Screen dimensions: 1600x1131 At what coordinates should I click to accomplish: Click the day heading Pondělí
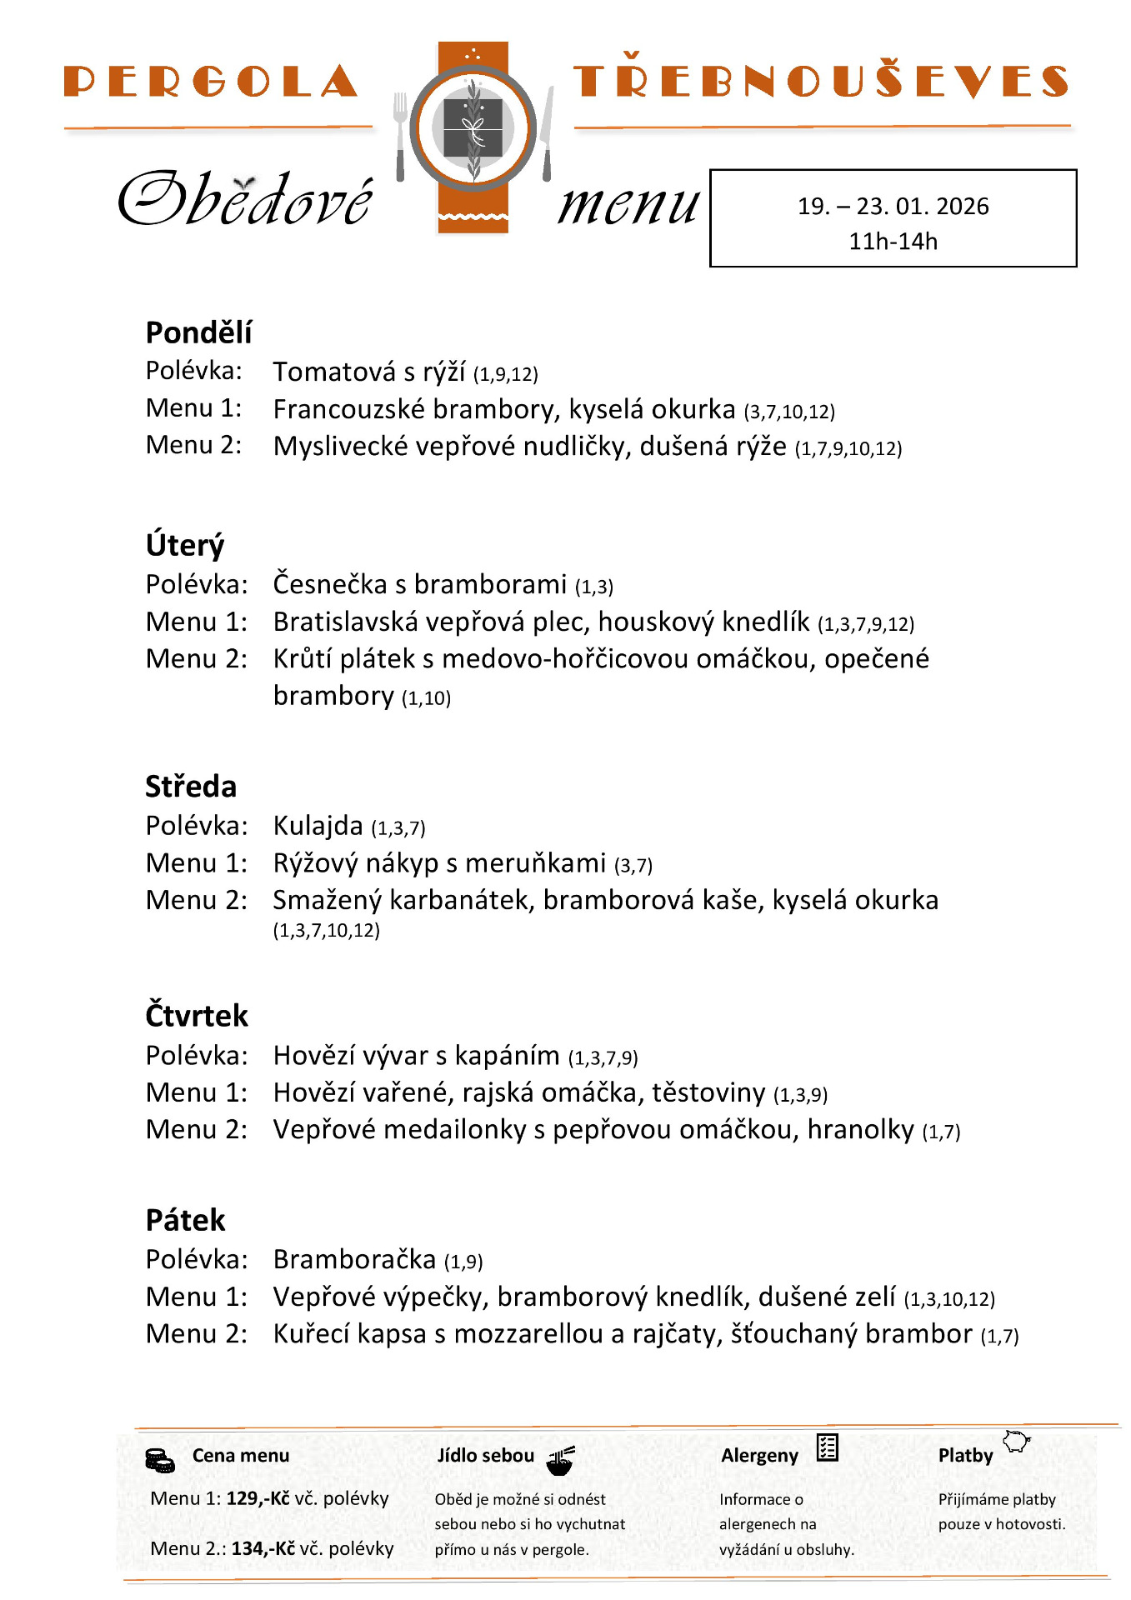(198, 332)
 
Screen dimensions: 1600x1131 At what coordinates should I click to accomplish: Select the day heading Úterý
(185, 545)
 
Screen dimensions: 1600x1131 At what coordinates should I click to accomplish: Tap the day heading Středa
(191, 786)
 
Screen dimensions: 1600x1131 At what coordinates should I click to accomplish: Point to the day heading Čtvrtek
(197, 1016)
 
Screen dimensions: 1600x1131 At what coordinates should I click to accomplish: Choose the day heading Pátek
(185, 1220)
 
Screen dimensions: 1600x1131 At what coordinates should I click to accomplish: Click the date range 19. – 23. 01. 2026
(893, 206)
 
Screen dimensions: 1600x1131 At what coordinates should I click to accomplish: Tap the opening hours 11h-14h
(893, 241)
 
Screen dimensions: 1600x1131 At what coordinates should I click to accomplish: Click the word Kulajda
(318, 825)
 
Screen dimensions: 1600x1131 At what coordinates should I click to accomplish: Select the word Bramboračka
(354, 1258)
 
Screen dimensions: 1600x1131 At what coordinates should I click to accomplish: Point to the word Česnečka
(330, 584)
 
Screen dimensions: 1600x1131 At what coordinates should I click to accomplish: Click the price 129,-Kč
(258, 1498)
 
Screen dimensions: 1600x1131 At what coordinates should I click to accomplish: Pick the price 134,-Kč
(263, 1548)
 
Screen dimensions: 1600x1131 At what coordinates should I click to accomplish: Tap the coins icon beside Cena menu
(159, 1460)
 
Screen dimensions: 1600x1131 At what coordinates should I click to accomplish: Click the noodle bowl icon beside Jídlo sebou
(560, 1460)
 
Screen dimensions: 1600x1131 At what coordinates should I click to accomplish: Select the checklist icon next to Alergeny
(827, 1447)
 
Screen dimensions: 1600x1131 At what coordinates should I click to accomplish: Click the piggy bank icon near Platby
(1016, 1441)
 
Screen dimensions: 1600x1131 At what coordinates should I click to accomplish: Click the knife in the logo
(548, 133)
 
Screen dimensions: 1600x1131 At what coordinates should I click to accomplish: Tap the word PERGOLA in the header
(211, 82)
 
